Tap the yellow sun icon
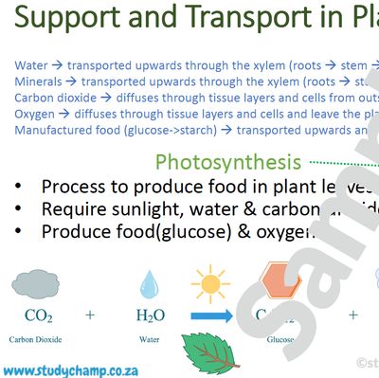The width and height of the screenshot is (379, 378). click(210, 284)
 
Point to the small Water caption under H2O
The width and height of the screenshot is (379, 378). click(150, 336)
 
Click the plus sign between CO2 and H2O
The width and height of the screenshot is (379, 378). click(90, 314)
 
